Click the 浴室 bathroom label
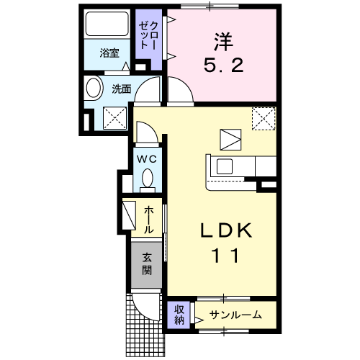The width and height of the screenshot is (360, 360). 109,53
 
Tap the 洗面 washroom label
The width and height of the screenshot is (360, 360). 121,89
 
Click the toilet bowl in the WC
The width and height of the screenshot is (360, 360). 147,177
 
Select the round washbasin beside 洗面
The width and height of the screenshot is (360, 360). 94,89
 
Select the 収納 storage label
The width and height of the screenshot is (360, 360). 177,314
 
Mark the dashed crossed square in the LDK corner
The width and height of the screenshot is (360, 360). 264,117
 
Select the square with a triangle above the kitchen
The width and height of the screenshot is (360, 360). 232,138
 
